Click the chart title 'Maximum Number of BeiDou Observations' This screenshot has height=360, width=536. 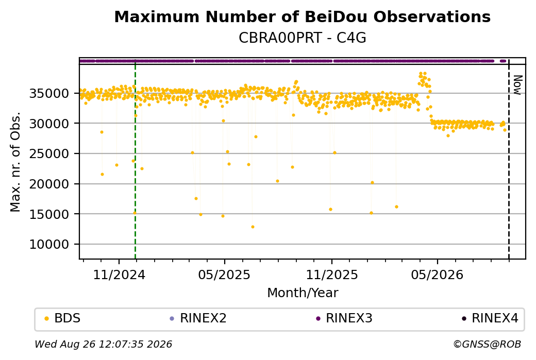302,16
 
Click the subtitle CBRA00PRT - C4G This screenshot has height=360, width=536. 302,38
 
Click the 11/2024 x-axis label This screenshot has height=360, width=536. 119,275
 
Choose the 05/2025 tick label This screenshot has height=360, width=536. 224,275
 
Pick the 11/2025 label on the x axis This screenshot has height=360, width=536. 331,275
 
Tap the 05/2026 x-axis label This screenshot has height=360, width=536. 437,275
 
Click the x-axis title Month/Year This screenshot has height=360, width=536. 303,293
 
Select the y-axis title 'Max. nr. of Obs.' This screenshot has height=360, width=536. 15,162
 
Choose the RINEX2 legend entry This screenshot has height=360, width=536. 198,318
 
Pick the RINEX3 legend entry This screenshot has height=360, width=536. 344,318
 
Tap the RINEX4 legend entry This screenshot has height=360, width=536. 490,318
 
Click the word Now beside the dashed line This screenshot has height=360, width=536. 518,85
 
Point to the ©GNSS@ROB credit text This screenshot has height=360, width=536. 487,344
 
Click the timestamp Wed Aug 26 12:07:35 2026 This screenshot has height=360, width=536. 103,344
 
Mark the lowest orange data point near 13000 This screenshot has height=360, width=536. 253,227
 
